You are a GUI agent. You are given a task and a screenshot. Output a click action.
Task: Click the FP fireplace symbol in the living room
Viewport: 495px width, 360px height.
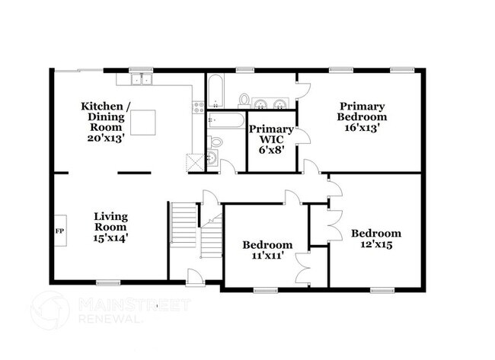click(59, 228)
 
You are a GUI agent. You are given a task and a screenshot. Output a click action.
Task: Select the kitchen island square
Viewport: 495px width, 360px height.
click(143, 122)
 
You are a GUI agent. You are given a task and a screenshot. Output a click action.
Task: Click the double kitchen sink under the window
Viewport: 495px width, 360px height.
click(140, 78)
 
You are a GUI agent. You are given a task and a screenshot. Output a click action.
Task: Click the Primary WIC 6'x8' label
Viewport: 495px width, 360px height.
click(270, 139)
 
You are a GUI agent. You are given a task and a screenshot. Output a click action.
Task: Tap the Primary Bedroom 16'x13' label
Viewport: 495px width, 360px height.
click(362, 117)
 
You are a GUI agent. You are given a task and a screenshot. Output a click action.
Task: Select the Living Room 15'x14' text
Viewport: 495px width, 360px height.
click(110, 227)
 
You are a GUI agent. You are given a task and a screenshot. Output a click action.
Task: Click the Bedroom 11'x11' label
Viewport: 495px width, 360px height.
click(267, 250)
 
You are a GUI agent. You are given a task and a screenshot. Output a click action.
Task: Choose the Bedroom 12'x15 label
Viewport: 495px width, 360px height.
click(375, 239)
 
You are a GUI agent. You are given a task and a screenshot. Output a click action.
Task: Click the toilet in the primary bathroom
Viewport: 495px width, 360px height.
click(244, 99)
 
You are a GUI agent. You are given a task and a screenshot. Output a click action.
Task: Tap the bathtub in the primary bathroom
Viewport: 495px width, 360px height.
click(214, 91)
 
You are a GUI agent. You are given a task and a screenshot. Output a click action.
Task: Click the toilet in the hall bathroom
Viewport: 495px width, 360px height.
click(216, 141)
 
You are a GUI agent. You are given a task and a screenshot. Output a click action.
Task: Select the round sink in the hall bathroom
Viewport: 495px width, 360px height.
click(212, 158)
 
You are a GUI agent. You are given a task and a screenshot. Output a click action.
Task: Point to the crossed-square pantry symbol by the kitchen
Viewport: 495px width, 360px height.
click(193, 162)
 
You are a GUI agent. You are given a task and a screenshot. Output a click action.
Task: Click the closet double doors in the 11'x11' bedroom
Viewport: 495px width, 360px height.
click(304, 266)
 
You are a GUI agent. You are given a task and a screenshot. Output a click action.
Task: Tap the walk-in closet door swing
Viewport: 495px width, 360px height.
click(302, 136)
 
